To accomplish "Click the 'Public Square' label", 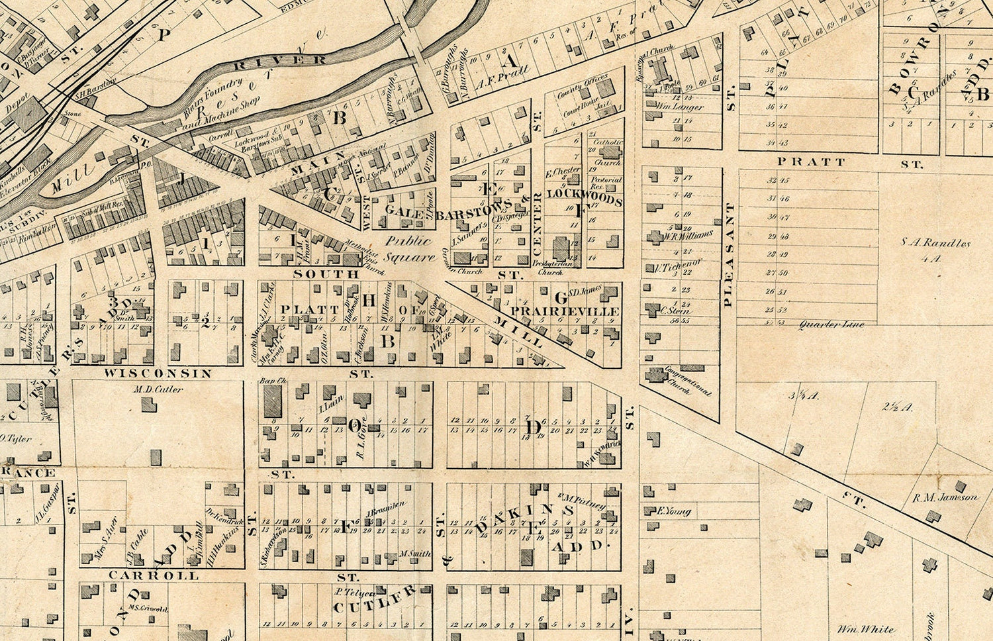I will point(408,248).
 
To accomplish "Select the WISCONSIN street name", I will point(158,373).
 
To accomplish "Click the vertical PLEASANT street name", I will point(729,255).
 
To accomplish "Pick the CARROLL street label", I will point(154,575).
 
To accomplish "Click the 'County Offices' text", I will point(582,85).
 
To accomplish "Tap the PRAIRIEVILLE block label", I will point(565,311).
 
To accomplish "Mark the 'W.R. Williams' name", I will point(689,235).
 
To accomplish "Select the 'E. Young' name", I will point(674,511).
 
